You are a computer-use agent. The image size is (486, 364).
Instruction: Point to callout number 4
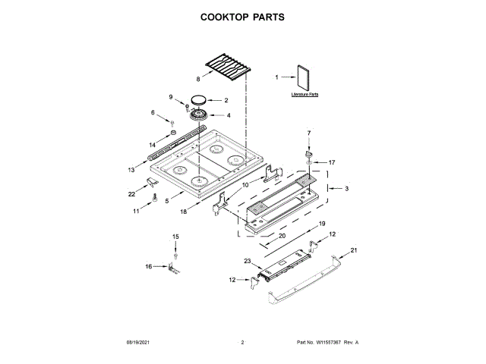229,115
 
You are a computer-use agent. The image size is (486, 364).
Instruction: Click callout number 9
171,96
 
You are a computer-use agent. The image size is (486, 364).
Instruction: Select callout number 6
152,113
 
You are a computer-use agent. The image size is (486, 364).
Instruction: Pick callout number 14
152,144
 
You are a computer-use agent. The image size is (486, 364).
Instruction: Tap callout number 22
132,194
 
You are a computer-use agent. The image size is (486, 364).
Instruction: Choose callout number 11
137,211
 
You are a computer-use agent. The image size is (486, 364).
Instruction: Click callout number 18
183,212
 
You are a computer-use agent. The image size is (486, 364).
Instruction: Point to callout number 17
332,162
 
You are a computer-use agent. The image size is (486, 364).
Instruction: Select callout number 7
309,133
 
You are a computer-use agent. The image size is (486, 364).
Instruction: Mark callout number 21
353,250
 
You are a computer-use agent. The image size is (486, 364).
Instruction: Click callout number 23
247,262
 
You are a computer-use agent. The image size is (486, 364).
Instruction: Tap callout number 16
149,266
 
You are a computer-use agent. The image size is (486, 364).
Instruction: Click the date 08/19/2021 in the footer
137,343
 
